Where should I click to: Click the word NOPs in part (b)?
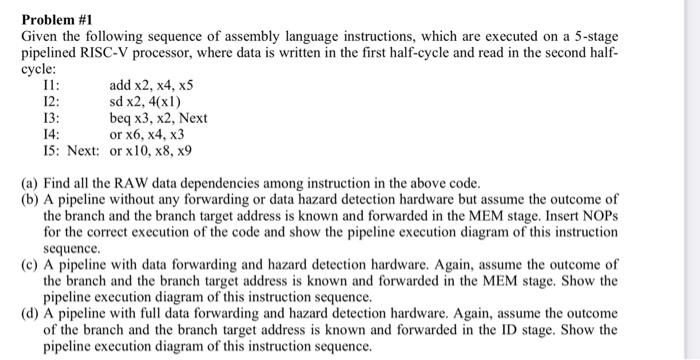pos(600,215)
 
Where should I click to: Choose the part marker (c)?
pos(30,264)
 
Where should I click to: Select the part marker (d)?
pos(30,313)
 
